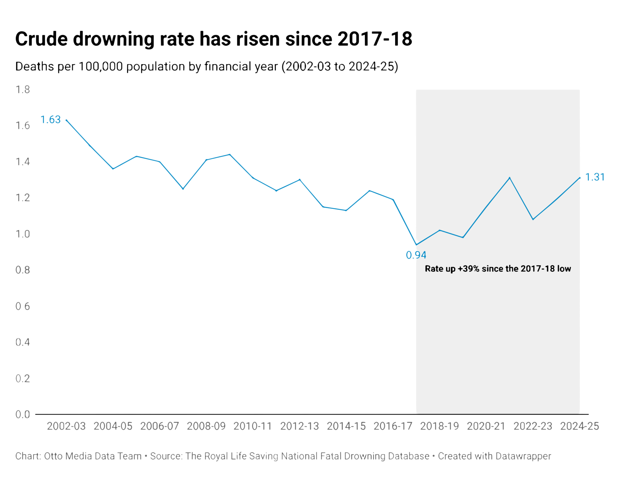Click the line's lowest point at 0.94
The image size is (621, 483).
416,245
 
